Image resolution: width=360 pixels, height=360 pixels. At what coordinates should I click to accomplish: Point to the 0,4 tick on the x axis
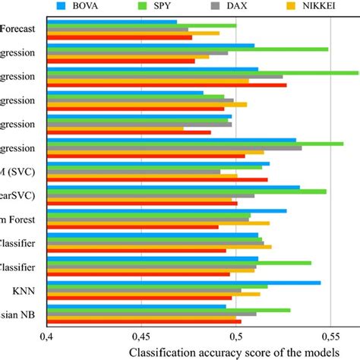[x=47, y=335]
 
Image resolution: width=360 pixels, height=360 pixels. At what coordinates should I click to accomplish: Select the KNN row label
[x=29, y=289]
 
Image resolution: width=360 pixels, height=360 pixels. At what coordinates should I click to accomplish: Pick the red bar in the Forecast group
[x=119, y=37]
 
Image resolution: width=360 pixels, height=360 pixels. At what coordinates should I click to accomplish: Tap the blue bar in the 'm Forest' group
[x=167, y=210]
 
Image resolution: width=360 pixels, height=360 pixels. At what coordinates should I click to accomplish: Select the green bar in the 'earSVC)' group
[x=187, y=191]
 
